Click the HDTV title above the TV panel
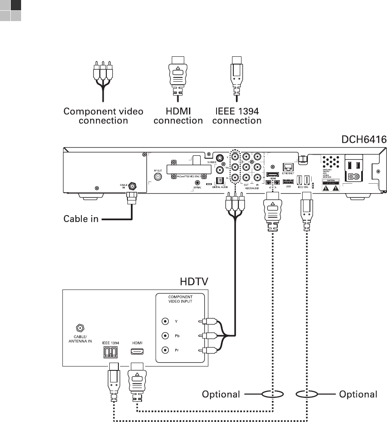click(x=193, y=282)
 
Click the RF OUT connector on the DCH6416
click(x=158, y=176)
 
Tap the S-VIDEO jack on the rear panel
click(x=219, y=158)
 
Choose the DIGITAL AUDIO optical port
click(x=217, y=181)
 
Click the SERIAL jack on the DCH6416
click(x=197, y=182)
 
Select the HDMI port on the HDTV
click(x=137, y=351)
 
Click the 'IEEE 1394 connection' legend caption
click(x=236, y=116)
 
